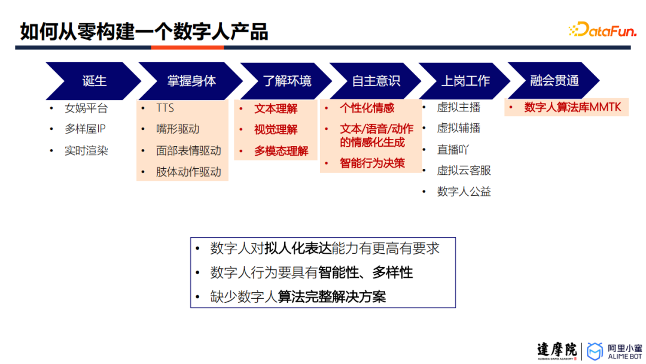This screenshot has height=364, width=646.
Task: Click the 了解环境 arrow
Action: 287,81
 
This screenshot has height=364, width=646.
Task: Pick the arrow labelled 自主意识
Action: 376,81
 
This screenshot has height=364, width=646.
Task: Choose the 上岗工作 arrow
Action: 465,81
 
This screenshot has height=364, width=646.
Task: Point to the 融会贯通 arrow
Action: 554,81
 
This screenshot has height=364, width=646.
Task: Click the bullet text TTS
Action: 165,108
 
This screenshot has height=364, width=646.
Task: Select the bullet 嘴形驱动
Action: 178,129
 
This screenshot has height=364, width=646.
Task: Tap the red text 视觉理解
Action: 276,129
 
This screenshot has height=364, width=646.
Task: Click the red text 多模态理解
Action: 281,151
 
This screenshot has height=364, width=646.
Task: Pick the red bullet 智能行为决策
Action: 372,163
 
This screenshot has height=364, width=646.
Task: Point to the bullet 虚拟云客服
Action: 464,170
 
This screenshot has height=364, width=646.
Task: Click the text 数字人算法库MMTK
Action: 572,108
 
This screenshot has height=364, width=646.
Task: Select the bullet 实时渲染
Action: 86,151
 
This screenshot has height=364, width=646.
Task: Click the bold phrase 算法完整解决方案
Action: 331,297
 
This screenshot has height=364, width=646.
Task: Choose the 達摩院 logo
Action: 556,351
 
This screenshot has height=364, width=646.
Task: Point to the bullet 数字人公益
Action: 464,192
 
